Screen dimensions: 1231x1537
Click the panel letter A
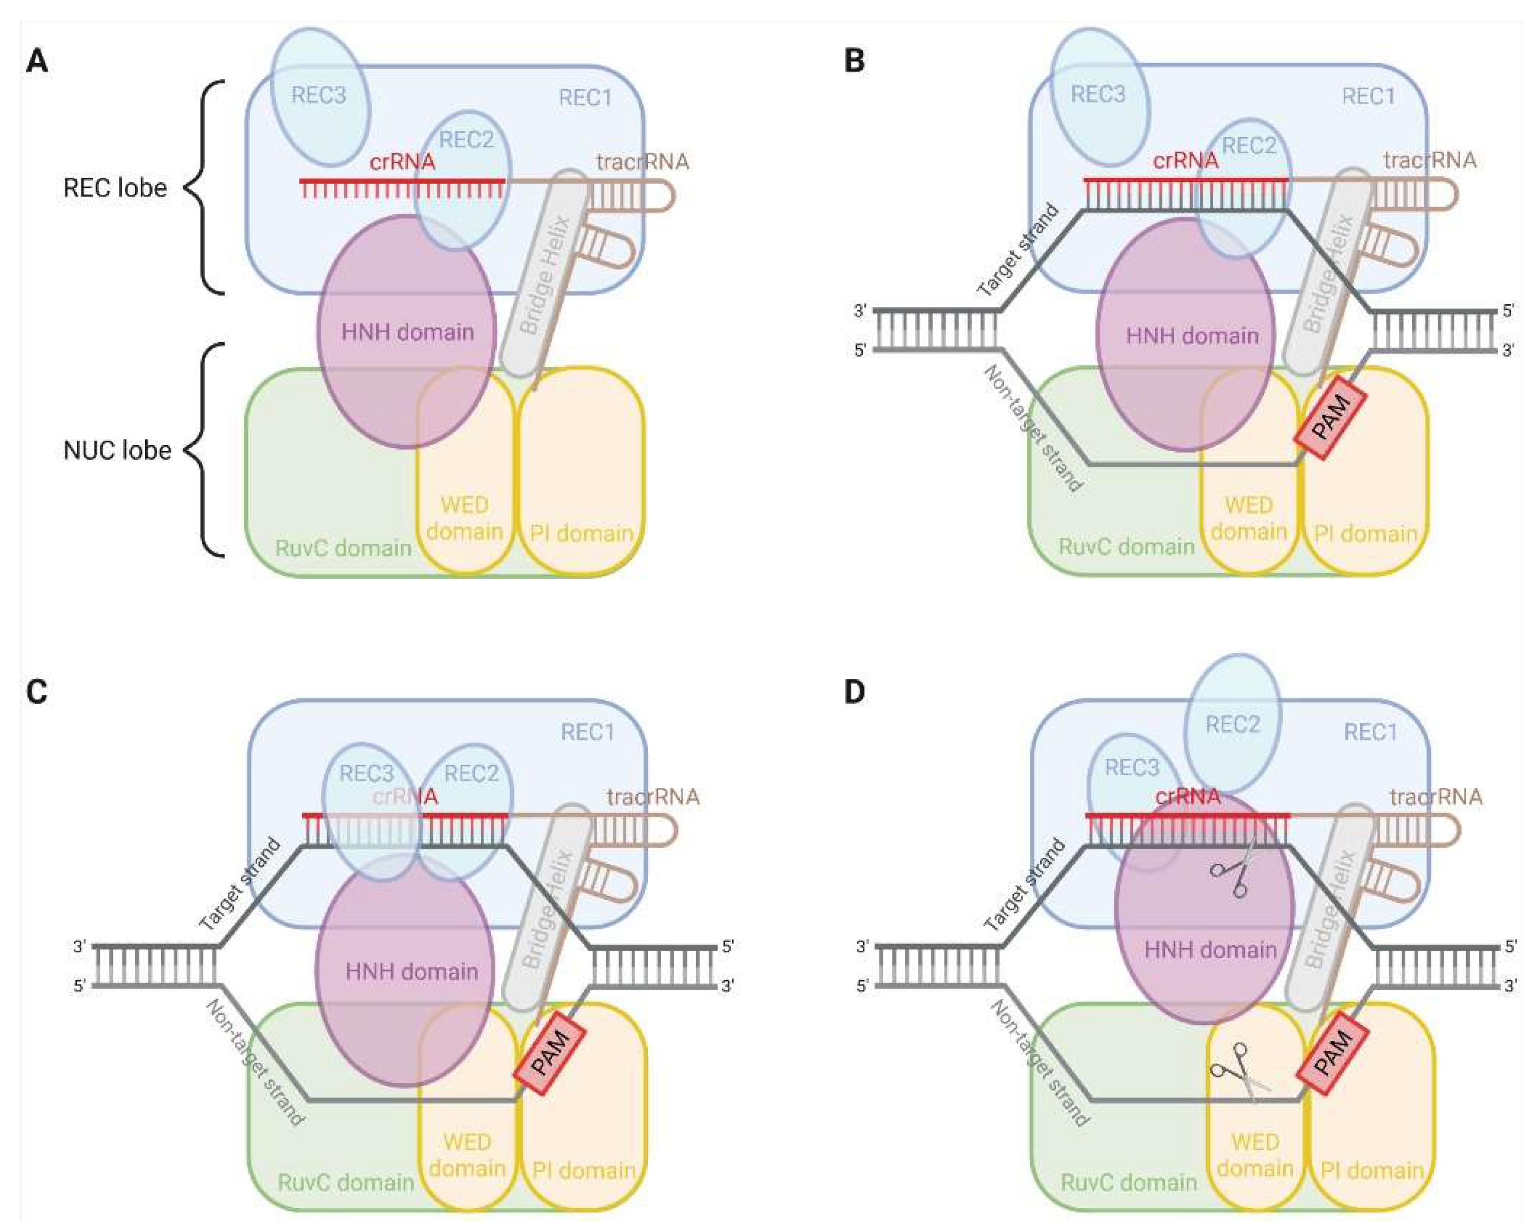click(x=36, y=61)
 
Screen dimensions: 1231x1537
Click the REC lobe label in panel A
click(x=115, y=187)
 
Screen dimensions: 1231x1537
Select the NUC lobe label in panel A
click(x=117, y=450)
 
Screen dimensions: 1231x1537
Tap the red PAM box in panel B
click(x=1331, y=418)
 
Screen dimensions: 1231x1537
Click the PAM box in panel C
click(x=550, y=1053)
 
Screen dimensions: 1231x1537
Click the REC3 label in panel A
click(x=319, y=95)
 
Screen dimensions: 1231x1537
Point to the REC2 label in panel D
click(x=1233, y=724)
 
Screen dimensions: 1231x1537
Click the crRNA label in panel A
click(x=402, y=162)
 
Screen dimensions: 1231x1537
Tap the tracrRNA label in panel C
click(x=652, y=796)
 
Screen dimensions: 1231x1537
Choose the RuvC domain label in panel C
click(x=345, y=1182)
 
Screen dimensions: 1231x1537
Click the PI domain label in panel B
click(x=1365, y=533)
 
